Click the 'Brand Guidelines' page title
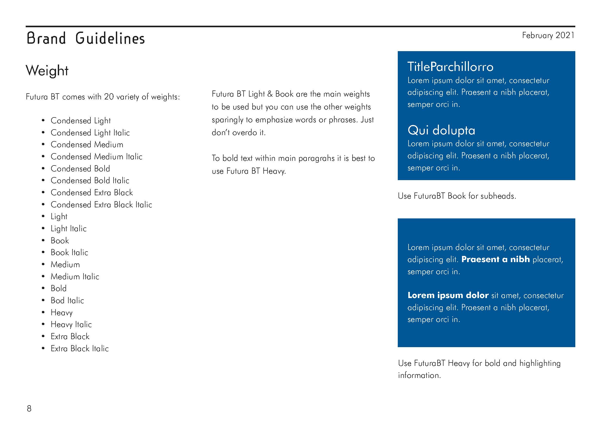pyautogui.click(x=86, y=38)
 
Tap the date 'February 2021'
pyautogui.click(x=548, y=35)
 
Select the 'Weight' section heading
pyautogui.click(x=47, y=71)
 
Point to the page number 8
pyautogui.click(x=29, y=409)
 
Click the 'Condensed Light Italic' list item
pyautogui.click(x=90, y=133)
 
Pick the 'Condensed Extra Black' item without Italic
pyautogui.click(x=92, y=193)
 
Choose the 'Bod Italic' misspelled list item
pyautogui.click(x=67, y=300)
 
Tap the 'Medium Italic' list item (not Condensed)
pyautogui.click(x=75, y=277)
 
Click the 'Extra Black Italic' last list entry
pyautogui.click(x=80, y=349)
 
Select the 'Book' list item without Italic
pyautogui.click(x=60, y=241)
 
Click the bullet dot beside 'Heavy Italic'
pyautogui.click(x=43, y=325)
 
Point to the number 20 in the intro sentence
pyautogui.click(x=109, y=97)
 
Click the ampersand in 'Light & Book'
pyautogui.click(x=270, y=94)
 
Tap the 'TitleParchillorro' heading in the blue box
pyautogui.click(x=450, y=67)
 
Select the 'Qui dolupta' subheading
pyautogui.click(x=441, y=130)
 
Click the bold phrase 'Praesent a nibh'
pyautogui.click(x=495, y=259)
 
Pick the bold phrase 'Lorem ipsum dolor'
pyautogui.click(x=448, y=295)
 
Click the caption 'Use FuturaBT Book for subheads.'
pyautogui.click(x=457, y=196)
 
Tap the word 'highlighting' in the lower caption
pyautogui.click(x=540, y=363)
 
